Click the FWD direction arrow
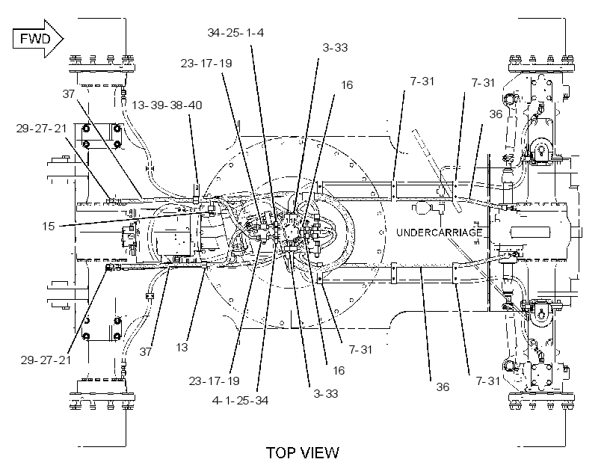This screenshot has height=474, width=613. tap(38, 39)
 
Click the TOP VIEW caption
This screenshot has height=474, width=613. tap(303, 453)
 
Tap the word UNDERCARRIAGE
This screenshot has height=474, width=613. tap(439, 233)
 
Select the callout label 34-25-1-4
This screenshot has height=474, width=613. tap(235, 33)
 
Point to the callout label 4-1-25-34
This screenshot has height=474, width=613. tap(240, 401)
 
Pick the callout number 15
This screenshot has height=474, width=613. tap(49, 227)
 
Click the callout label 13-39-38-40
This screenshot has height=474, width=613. tap(167, 105)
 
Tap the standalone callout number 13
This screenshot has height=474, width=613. tap(182, 348)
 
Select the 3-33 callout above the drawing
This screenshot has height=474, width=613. tap(335, 48)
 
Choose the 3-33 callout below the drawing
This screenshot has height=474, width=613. tap(326, 393)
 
